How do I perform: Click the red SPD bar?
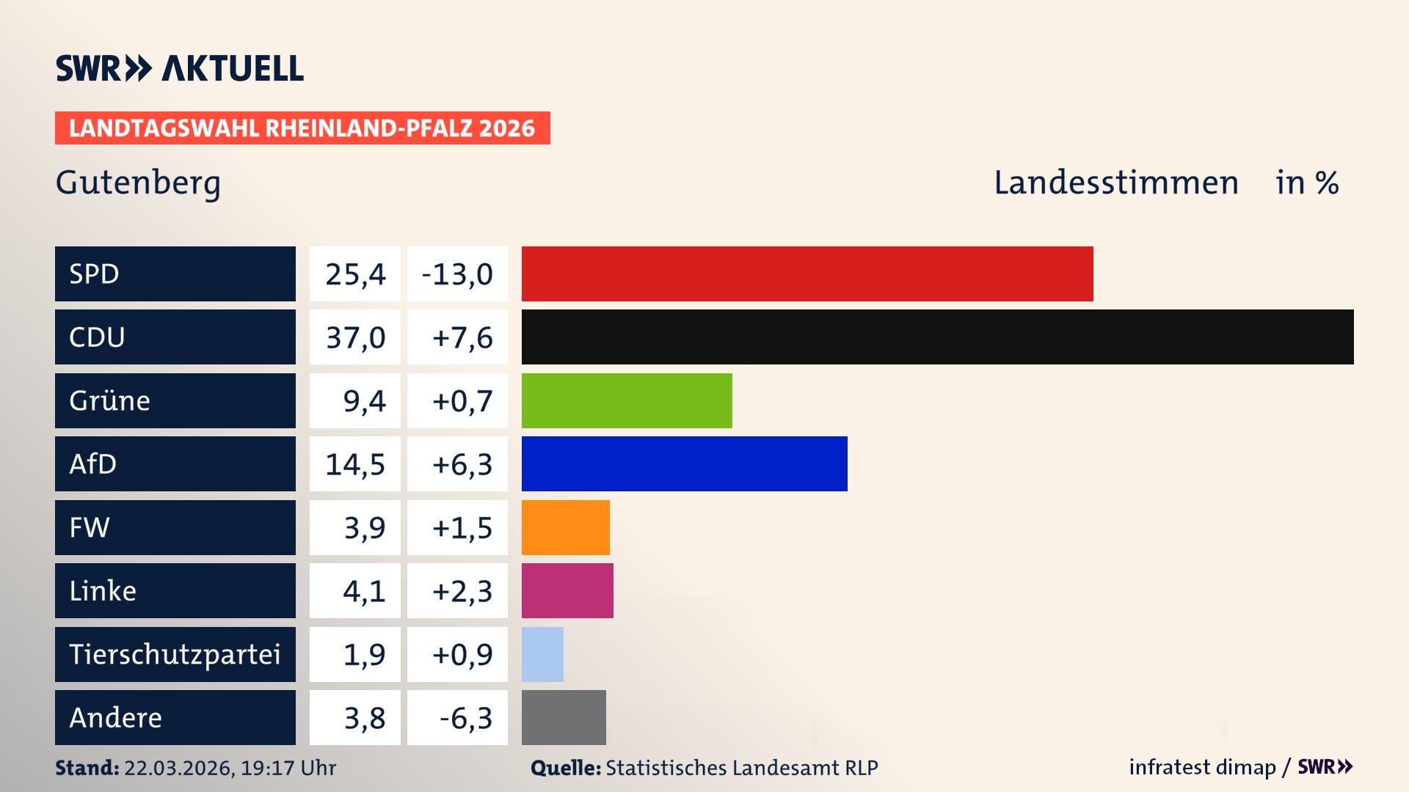tap(807, 274)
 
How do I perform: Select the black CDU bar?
tap(937, 337)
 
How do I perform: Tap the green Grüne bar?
tap(627, 400)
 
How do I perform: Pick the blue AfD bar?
tap(684, 463)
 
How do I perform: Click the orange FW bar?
tap(565, 527)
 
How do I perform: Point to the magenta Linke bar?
tap(567, 590)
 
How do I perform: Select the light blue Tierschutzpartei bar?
tap(542, 654)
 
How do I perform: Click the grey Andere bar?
tap(564, 717)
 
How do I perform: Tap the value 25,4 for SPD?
tap(355, 274)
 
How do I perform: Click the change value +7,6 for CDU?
tap(462, 338)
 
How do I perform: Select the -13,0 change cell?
tap(457, 274)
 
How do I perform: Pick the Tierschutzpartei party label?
tap(175, 654)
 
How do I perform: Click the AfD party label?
tap(93, 464)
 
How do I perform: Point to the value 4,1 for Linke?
tap(364, 591)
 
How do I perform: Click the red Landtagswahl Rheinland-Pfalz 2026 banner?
tap(302, 128)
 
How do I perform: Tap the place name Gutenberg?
tap(138, 183)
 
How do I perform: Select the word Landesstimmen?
tap(1115, 183)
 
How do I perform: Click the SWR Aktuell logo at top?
tap(180, 68)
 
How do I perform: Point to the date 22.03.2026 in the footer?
tap(178, 768)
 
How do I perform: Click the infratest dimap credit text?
tap(1202, 767)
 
